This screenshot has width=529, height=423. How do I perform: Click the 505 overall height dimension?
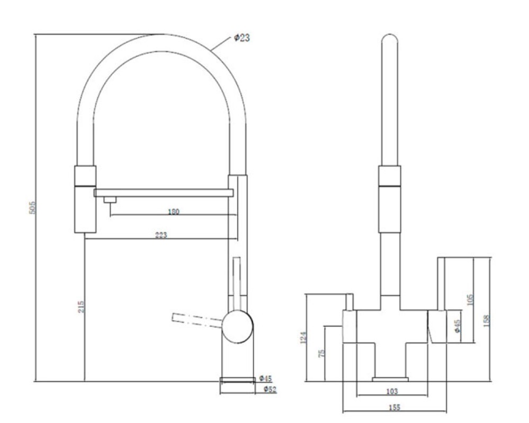(32, 207)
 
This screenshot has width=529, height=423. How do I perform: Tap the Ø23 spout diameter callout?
(242, 38)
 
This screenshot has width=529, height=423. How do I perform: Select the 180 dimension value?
(173, 212)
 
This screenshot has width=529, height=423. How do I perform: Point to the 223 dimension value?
(161, 235)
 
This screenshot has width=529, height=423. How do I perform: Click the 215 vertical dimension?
(81, 307)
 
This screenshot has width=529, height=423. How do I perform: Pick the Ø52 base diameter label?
(270, 389)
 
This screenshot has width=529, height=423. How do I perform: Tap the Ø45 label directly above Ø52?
(265, 379)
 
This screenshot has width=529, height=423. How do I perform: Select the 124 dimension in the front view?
(303, 337)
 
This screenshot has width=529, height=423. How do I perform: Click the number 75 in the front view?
(321, 353)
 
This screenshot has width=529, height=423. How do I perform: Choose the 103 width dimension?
(392, 391)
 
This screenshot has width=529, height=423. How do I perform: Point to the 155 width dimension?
(394, 408)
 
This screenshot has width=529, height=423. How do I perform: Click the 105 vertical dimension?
(470, 300)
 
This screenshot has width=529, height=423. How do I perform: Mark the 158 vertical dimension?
(486, 321)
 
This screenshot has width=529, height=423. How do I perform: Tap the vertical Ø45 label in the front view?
(458, 326)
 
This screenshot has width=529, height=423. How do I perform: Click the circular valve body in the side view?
(238, 327)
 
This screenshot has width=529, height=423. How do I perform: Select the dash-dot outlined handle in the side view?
(196, 320)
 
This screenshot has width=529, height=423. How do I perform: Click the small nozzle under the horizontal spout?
(110, 200)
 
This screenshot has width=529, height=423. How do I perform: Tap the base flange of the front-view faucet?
(390, 380)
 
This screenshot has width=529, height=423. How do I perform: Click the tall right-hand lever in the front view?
(441, 283)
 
